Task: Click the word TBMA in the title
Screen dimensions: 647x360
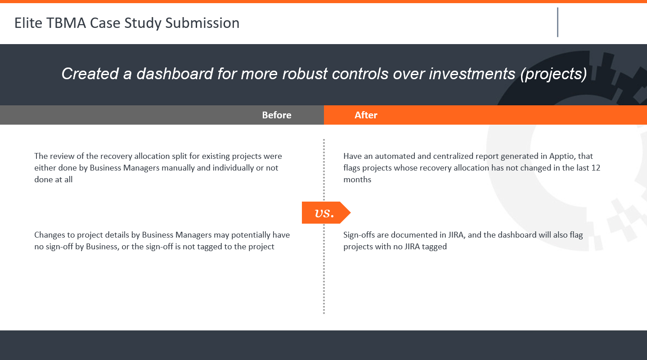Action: [x=66, y=23]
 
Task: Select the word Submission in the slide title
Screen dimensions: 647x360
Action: [x=202, y=23]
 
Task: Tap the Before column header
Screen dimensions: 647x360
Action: [x=277, y=115]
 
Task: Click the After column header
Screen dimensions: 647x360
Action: [x=366, y=115]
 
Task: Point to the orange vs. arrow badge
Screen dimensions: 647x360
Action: [x=326, y=213]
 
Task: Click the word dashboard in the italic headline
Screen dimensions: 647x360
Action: [x=175, y=73]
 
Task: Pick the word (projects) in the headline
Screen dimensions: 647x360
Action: [x=554, y=74]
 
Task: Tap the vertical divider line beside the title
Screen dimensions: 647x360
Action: [x=557, y=22]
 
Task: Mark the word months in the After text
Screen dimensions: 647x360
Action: [x=357, y=180]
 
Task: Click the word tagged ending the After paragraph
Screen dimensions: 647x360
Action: [x=434, y=247]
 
